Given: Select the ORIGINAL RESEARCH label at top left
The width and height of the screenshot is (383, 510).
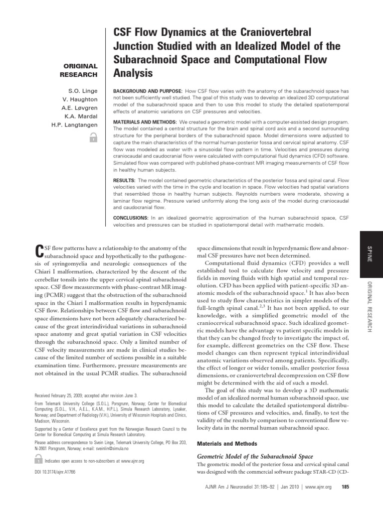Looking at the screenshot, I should click(80, 70).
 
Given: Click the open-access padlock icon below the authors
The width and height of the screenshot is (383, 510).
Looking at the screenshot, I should click(91, 140).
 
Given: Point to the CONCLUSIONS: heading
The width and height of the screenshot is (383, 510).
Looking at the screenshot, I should click(133, 218).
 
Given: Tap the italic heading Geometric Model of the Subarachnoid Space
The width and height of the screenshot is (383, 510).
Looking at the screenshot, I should click(255, 457).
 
